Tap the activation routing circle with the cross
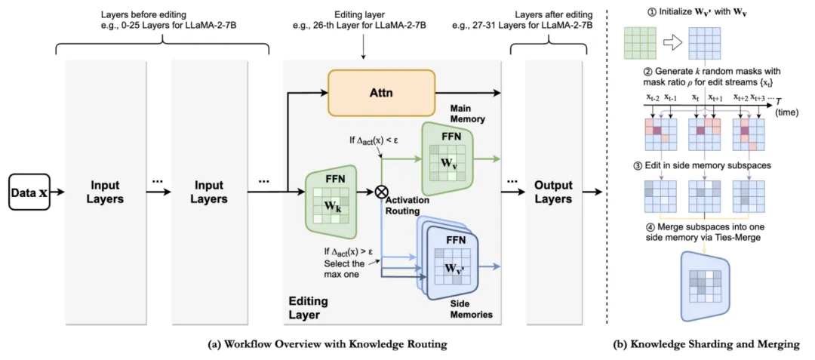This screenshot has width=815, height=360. pos(381,192)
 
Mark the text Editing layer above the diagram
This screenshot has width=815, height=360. pos(363,14)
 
